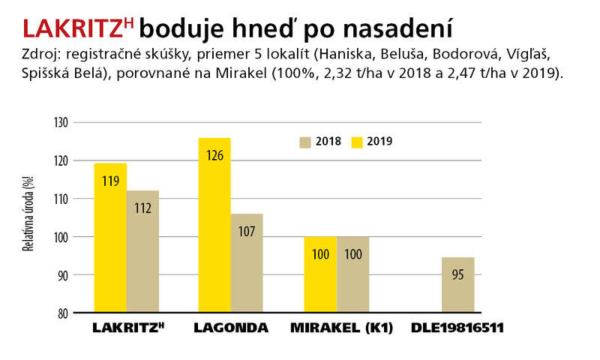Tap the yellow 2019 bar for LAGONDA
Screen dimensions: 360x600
[214, 225]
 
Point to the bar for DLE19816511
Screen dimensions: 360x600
[457, 285]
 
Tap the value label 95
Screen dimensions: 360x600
[457, 274]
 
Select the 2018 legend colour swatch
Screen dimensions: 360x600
[304, 142]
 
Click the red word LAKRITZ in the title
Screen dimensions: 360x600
[73, 28]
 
